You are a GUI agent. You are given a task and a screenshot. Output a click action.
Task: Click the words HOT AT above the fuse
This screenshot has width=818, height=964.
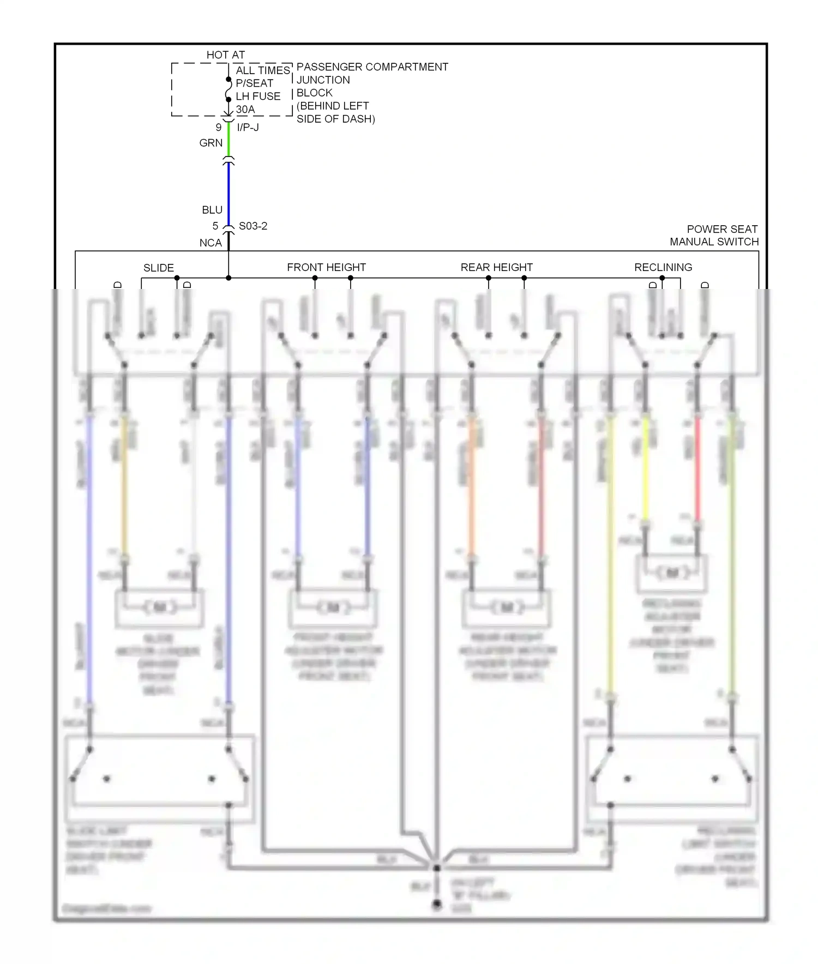[x=225, y=55]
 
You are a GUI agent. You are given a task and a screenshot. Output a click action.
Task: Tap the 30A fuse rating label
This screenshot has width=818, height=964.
[x=245, y=110]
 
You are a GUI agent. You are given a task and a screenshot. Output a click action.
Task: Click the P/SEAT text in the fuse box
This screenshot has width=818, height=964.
[x=254, y=83]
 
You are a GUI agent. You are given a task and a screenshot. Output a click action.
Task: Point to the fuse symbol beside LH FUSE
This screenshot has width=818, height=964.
[x=228, y=89]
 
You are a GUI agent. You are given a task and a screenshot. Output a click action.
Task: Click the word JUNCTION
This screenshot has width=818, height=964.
[x=323, y=80]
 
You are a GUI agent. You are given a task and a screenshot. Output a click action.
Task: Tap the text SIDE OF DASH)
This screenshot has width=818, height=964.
[x=335, y=119]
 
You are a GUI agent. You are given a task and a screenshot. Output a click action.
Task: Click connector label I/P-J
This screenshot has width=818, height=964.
[x=248, y=128]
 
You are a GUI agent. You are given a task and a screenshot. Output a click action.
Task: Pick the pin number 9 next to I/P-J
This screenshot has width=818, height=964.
[x=218, y=128]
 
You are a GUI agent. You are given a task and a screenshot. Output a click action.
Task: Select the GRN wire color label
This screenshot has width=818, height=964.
[x=211, y=143]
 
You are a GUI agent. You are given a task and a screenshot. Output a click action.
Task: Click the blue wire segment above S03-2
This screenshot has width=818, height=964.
[x=228, y=191]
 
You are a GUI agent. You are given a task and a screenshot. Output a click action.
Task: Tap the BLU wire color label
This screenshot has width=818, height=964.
[x=212, y=210]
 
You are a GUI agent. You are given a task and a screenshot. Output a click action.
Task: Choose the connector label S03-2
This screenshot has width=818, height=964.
[x=253, y=226]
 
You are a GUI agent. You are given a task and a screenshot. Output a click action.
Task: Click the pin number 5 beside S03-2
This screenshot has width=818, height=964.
[x=215, y=226]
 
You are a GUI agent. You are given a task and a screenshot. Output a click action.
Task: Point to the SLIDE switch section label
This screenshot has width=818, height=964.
[x=159, y=268]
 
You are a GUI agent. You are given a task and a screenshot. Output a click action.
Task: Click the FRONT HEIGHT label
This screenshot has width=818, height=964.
[x=326, y=267]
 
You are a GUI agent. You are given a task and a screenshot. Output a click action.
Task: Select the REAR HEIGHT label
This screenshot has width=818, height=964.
[x=496, y=267]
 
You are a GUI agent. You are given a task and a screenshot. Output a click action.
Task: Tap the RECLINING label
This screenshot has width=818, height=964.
[x=663, y=267]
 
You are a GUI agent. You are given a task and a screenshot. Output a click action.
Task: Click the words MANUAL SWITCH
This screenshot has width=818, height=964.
[x=714, y=242]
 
